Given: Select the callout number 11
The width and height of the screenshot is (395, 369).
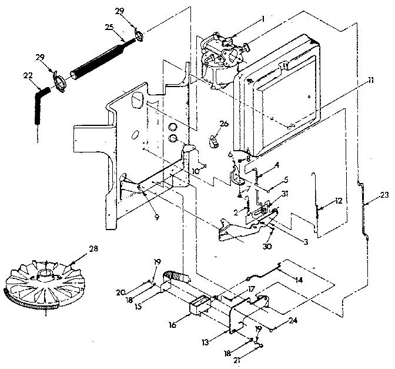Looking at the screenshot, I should [370, 79].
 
